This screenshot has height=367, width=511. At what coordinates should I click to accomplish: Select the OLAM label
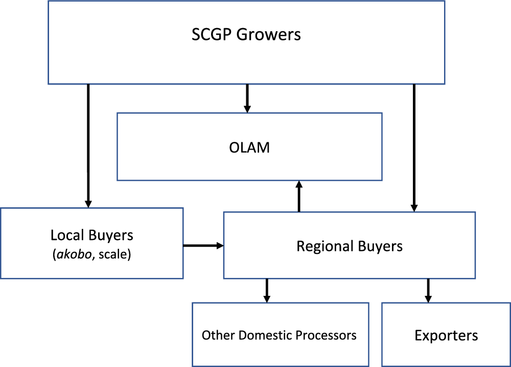[249, 148]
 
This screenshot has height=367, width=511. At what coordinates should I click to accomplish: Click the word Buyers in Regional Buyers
[381, 246]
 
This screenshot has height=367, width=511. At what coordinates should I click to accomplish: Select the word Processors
[327, 335]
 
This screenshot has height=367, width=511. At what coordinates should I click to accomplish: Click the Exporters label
[446, 336]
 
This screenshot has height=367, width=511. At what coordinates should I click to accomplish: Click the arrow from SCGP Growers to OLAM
[247, 98]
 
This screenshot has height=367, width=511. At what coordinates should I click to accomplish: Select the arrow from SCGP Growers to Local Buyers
[88, 145]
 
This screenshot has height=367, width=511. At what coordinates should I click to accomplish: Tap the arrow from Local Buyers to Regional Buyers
[203, 246]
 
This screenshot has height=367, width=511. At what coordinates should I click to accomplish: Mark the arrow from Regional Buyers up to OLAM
[299, 197]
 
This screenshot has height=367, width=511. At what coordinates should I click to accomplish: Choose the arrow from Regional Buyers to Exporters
[428, 290]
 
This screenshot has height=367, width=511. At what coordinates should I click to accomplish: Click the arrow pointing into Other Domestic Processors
[266, 290]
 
